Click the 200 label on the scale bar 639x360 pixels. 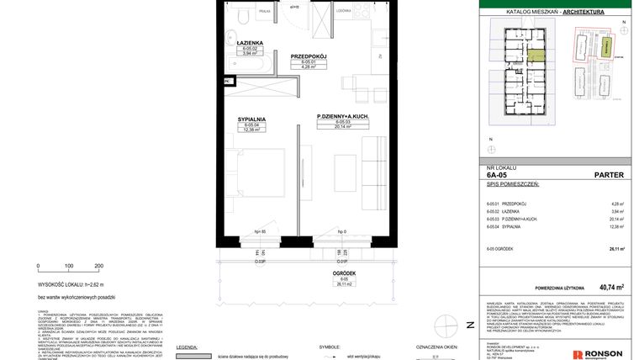tap(98, 265)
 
